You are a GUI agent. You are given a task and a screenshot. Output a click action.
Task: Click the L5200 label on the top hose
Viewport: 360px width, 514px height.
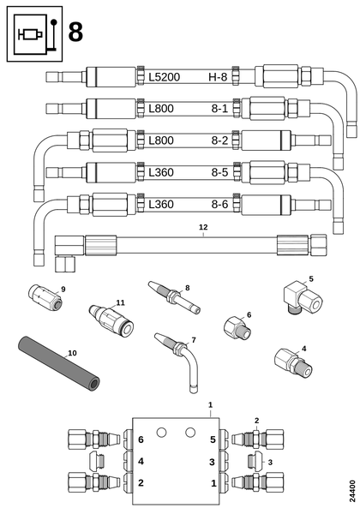tap(165, 77)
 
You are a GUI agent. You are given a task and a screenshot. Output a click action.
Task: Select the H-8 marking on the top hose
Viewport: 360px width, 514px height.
tap(218, 77)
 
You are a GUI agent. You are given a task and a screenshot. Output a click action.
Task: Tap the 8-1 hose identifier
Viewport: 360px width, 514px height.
tap(219, 109)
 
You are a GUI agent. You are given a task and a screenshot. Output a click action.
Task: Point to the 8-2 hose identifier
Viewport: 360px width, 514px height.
tap(219, 140)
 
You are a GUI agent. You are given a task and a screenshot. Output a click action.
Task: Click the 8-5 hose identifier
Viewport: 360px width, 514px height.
tap(219, 172)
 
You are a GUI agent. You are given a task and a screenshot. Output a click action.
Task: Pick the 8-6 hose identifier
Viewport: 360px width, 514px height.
tap(219, 204)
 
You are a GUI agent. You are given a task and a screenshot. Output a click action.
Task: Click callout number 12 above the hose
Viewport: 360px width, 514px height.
tap(203, 227)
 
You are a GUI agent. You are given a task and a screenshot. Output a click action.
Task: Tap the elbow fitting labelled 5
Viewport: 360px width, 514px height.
tap(303, 297)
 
